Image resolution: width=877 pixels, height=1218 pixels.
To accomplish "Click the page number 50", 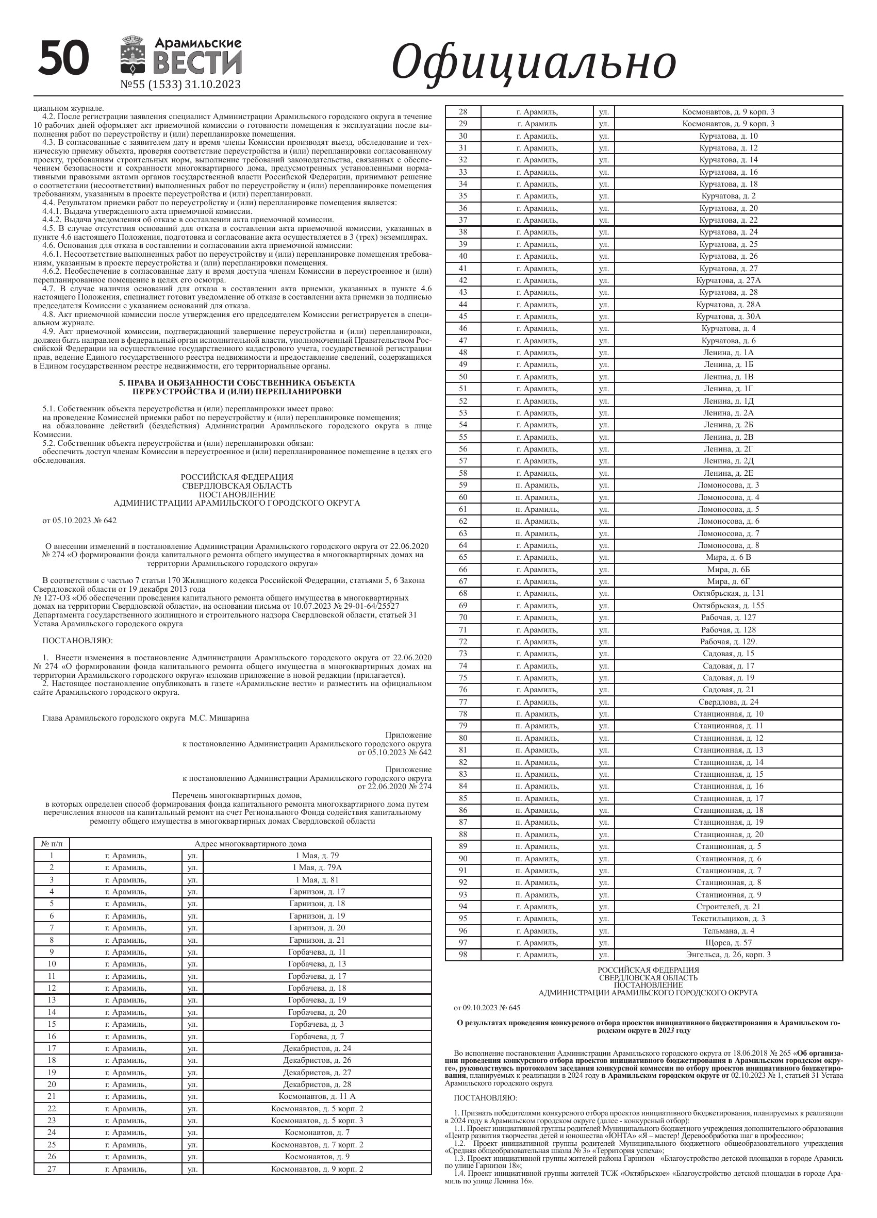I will click(63, 59).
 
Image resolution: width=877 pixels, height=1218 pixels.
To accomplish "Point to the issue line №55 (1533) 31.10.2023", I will click(180, 85).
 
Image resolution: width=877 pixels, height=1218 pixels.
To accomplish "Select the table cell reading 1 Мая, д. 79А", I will click(317, 867).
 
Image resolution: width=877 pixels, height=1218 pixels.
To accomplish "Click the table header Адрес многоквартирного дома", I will click(250, 844).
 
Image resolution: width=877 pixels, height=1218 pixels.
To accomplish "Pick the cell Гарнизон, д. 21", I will click(317, 940).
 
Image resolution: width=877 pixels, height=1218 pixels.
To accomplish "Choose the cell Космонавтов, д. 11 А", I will click(317, 1096).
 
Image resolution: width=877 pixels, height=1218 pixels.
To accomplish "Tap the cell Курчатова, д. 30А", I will click(728, 316).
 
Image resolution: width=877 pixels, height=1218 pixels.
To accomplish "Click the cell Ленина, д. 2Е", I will click(728, 473).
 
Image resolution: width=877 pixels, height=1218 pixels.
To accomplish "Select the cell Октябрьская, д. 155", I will click(728, 605).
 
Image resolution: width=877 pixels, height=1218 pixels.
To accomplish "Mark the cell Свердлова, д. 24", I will click(728, 702).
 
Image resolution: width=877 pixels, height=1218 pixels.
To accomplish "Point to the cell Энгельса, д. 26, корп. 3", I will click(728, 954).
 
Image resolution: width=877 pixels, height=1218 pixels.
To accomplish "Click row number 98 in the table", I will click(463, 954).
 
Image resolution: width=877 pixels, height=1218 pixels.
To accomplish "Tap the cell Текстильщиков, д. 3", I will click(728, 919).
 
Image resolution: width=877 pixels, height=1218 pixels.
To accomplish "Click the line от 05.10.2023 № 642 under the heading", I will click(79, 521).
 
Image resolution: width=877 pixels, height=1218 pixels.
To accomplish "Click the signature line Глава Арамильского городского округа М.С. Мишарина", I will click(145, 718).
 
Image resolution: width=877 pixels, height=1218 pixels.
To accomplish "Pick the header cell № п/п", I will click(52, 844).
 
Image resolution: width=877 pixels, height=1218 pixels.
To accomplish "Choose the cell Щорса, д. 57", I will click(728, 943).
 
